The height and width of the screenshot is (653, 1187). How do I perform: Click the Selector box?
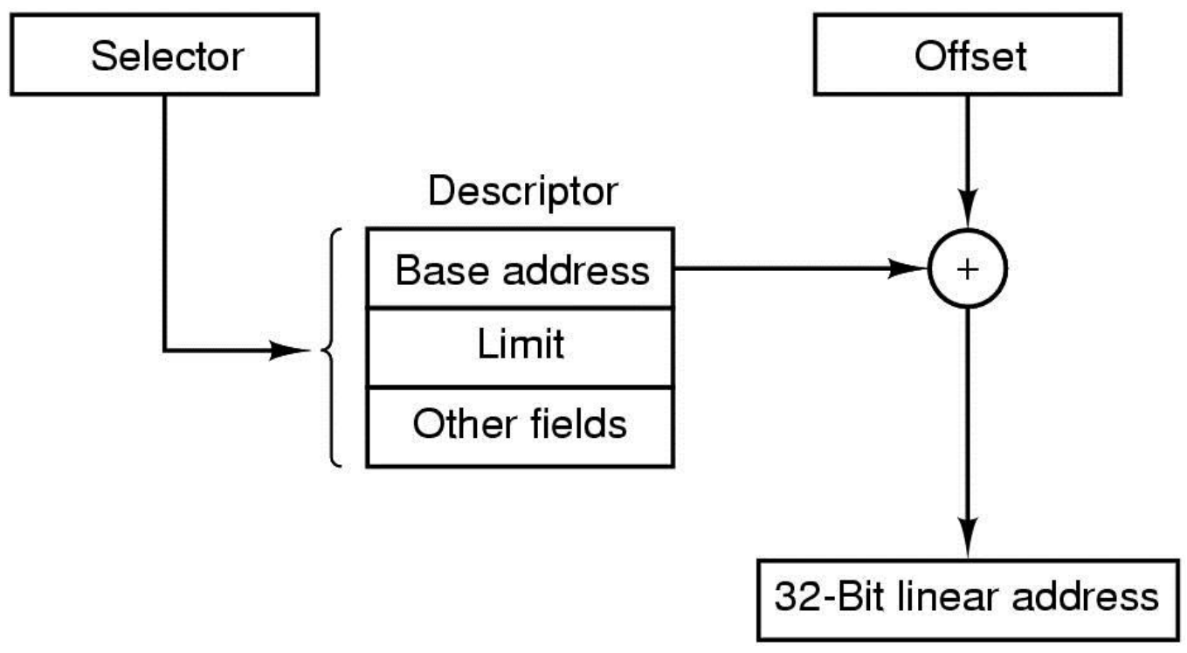coord(164,55)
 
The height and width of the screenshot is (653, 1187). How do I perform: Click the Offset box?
coord(968,55)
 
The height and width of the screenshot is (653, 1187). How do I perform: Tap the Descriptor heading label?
coord(522,191)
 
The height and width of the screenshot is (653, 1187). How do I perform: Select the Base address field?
coord(520,267)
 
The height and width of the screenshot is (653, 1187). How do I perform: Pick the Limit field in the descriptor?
coord(520,347)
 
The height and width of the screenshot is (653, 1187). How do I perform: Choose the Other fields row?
coord(520,427)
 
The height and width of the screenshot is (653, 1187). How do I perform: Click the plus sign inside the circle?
coord(968,269)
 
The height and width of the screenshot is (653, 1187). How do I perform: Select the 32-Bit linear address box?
coord(968,600)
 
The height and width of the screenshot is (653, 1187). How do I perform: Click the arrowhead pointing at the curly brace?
coord(289,351)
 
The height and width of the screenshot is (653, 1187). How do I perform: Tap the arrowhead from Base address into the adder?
coord(908,268)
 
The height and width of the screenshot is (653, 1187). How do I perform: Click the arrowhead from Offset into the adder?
coord(968,209)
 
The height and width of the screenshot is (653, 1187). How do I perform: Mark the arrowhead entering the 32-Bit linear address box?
coord(968,538)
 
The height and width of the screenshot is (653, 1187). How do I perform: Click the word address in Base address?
coord(576,270)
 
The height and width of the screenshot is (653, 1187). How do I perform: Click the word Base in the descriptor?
coord(442,270)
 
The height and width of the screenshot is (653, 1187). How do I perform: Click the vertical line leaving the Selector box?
coord(164,223)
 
